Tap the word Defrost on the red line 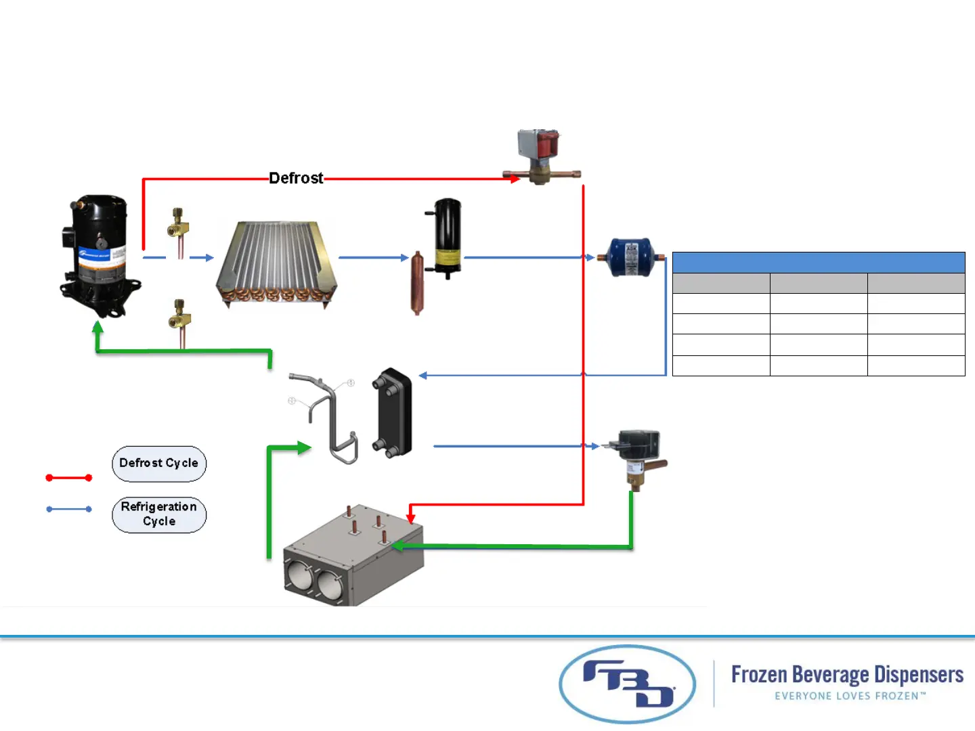(296, 178)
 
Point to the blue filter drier (630, 257)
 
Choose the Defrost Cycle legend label (159, 464)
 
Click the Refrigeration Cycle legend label (159, 514)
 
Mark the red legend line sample (68, 478)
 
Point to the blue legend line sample (68, 509)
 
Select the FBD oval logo (627, 684)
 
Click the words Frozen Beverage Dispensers (847, 675)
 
